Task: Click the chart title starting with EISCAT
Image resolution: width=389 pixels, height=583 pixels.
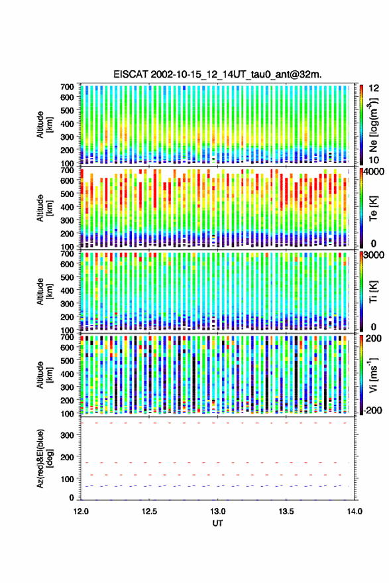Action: point(218,74)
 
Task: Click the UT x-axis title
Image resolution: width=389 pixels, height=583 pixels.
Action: point(218,523)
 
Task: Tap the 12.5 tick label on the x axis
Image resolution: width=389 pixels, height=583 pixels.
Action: point(149,511)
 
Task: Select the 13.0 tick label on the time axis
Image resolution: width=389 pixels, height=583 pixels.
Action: point(218,511)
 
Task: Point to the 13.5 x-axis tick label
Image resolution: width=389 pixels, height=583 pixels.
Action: point(286,511)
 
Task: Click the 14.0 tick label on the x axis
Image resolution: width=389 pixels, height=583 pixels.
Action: point(355,511)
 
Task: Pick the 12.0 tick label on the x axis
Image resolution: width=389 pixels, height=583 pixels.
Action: point(81,511)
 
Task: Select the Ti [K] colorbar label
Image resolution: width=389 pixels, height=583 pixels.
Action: point(373,292)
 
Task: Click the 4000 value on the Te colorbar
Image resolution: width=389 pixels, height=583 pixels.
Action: point(374,172)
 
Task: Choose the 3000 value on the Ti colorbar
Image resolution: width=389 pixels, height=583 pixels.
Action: point(374,255)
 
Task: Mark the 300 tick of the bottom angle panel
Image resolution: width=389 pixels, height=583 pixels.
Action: point(67,435)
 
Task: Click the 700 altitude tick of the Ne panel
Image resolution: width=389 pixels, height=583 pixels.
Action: point(67,87)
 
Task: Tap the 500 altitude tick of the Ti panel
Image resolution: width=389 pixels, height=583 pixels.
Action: point(67,277)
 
